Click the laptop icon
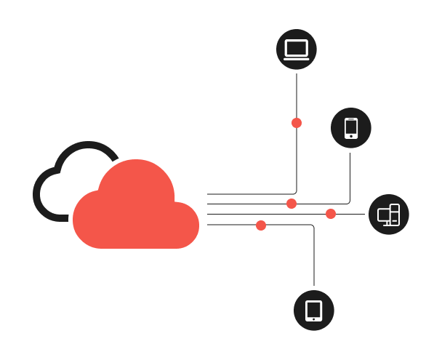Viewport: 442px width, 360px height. [x=297, y=49]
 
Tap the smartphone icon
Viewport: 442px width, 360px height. [x=351, y=128]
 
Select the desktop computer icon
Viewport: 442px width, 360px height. [x=389, y=215]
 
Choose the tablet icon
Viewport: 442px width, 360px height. [x=314, y=311]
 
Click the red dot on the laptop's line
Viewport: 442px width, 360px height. [x=297, y=123]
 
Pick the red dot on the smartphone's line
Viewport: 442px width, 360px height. [x=292, y=204]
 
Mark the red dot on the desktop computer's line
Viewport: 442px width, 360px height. [x=331, y=214]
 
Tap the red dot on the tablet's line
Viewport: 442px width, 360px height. [x=261, y=225]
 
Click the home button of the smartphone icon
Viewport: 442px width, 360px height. [x=351, y=136]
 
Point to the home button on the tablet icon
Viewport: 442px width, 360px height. [x=314, y=319]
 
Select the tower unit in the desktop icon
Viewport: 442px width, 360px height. [x=395, y=214]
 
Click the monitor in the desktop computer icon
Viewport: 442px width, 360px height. [x=384, y=215]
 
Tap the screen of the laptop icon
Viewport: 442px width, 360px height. [x=297, y=48]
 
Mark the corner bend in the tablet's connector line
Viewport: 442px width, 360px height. [x=313, y=226]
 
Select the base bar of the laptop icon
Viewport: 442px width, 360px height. [x=297, y=58]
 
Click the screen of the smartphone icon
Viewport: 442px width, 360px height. [x=351, y=127]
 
